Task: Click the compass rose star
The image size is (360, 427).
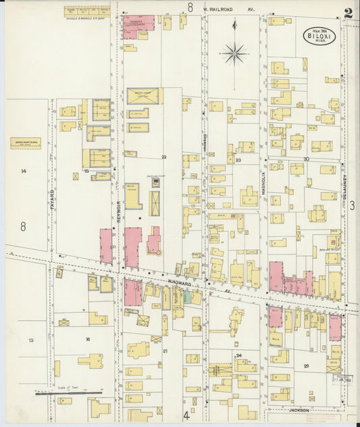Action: pos(234,52)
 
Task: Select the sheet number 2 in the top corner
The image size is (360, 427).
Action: pos(348,13)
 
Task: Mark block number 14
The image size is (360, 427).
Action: pos(23,171)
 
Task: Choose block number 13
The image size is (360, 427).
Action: pos(30,340)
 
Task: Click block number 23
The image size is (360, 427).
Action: pos(238,160)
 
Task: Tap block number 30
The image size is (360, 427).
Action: pos(306,159)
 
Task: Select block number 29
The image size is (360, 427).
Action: pos(306,366)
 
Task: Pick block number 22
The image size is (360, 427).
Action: pos(163,157)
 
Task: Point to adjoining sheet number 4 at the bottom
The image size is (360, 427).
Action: pos(186,416)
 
